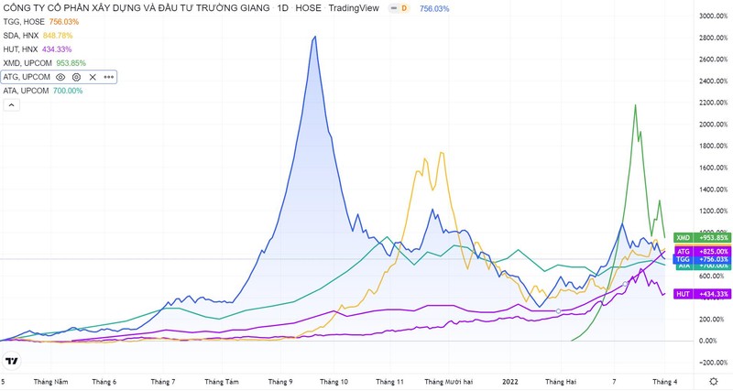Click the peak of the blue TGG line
click(x=315, y=37)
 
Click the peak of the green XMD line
click(x=635, y=105)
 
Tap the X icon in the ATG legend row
click(x=93, y=77)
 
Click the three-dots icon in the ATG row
click(x=108, y=77)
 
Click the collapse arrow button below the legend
click(x=11, y=104)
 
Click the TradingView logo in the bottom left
click(x=12, y=361)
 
